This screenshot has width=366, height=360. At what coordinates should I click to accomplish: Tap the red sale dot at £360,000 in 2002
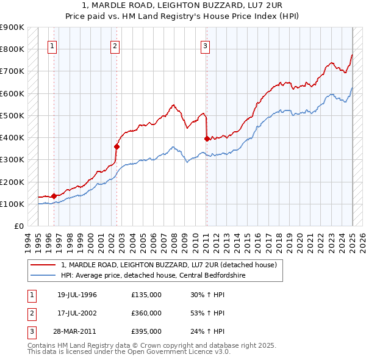pos(117,146)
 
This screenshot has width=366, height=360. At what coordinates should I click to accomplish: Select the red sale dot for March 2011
pos(207,139)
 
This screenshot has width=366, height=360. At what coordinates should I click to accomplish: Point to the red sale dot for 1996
pos(54,196)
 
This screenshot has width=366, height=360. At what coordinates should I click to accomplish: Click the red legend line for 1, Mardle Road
pos(43,265)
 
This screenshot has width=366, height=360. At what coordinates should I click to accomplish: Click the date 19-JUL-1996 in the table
pos(77,295)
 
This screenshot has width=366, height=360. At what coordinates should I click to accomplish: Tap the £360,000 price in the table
pos(146,313)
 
